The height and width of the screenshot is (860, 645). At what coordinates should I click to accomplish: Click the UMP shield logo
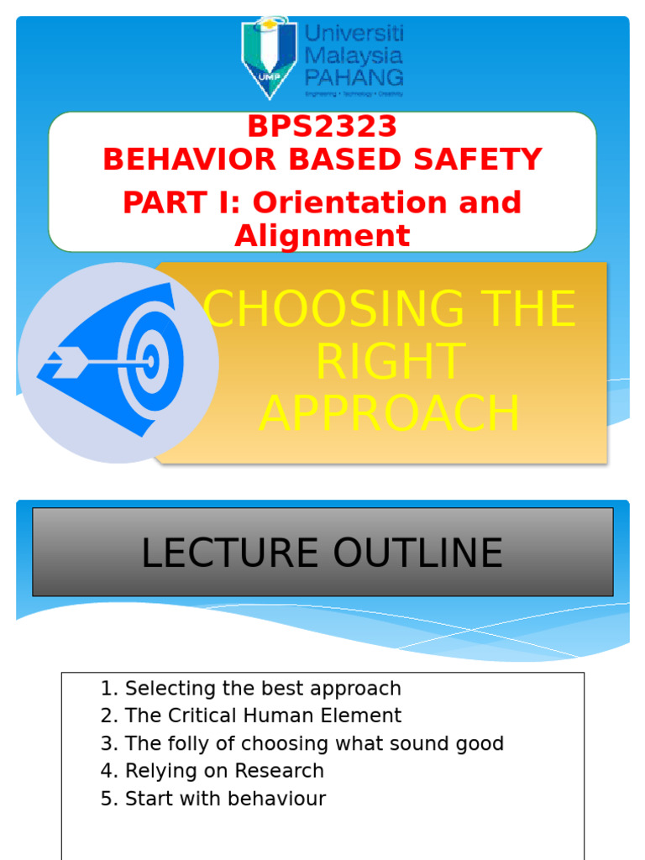269,58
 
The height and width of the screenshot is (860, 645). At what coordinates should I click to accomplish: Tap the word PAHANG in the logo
354,77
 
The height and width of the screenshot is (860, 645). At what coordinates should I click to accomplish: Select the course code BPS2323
322,126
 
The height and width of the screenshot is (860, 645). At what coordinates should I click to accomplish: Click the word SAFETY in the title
478,160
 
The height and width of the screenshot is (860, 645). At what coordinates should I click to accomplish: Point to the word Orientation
351,202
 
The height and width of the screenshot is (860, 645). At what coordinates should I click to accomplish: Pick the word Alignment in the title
322,236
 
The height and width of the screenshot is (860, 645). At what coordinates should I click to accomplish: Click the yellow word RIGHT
391,361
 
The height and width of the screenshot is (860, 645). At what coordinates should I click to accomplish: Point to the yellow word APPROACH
389,413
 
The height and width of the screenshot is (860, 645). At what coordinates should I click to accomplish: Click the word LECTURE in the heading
230,553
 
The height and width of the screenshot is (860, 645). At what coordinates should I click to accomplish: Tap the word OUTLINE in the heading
418,553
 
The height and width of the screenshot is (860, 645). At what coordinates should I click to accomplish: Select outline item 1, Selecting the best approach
250,689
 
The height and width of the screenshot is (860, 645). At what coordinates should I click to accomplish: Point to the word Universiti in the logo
354,34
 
